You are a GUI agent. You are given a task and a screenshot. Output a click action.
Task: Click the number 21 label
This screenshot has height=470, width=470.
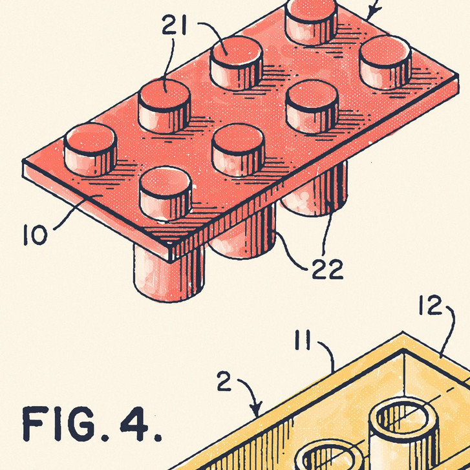[x=174, y=25]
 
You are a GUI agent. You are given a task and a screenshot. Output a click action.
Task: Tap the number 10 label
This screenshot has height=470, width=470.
[x=36, y=235]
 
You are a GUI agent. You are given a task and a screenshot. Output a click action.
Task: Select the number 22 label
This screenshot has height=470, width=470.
[x=327, y=269]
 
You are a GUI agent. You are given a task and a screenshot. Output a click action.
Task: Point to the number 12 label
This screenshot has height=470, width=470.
[x=431, y=305]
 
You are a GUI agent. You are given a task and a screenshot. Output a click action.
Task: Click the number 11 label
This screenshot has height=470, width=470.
[x=303, y=340]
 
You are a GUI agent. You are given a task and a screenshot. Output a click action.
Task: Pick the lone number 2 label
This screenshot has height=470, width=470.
[x=224, y=381]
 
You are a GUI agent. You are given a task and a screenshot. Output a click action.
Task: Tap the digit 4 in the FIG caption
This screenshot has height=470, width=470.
[x=134, y=423]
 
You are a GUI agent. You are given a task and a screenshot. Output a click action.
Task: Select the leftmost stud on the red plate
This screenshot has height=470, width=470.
[x=91, y=149]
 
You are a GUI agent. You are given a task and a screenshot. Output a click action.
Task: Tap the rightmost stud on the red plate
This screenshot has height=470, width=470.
[x=385, y=62]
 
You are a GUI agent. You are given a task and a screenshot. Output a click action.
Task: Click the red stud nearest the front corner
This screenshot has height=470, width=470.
[x=165, y=193]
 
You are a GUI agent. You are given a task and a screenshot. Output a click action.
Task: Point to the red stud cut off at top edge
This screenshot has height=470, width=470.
[x=311, y=21]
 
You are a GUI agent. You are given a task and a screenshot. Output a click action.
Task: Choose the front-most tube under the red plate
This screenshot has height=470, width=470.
[x=169, y=273]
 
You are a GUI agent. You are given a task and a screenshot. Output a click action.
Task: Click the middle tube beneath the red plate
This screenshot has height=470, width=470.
[x=243, y=232]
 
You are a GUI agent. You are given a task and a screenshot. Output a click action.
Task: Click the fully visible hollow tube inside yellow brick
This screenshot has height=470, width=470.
[x=404, y=432]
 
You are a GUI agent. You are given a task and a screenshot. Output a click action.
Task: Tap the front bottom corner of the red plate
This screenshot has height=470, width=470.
[x=170, y=262]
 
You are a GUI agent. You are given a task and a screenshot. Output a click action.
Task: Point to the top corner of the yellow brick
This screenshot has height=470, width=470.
[x=403, y=332]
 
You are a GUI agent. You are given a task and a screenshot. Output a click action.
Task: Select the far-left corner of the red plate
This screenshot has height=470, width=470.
[x=23, y=161]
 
